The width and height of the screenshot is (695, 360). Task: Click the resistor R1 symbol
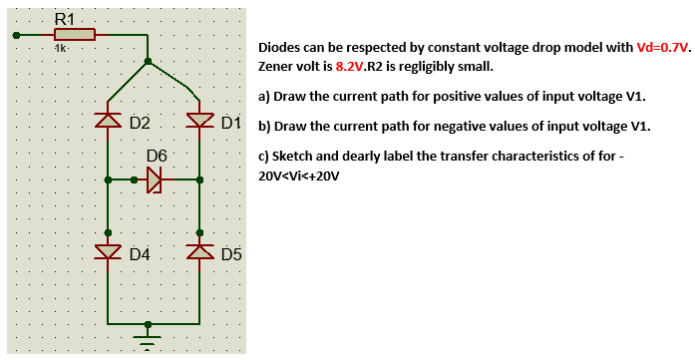(73, 35)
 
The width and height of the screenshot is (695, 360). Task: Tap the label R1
(63, 16)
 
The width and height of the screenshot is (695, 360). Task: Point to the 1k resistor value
(61, 48)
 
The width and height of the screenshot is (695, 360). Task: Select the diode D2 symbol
(107, 122)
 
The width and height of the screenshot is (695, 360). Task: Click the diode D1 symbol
(199, 122)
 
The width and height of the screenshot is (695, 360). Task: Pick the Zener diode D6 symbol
(154, 180)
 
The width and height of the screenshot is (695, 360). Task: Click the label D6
(157, 157)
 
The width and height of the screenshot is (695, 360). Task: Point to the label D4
(139, 254)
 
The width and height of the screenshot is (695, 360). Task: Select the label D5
(230, 254)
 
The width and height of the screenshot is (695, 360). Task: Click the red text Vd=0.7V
(663, 47)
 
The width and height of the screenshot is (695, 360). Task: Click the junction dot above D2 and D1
(149, 62)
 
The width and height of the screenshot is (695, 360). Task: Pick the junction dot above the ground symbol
(149, 324)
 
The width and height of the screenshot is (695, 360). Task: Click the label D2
(139, 124)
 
